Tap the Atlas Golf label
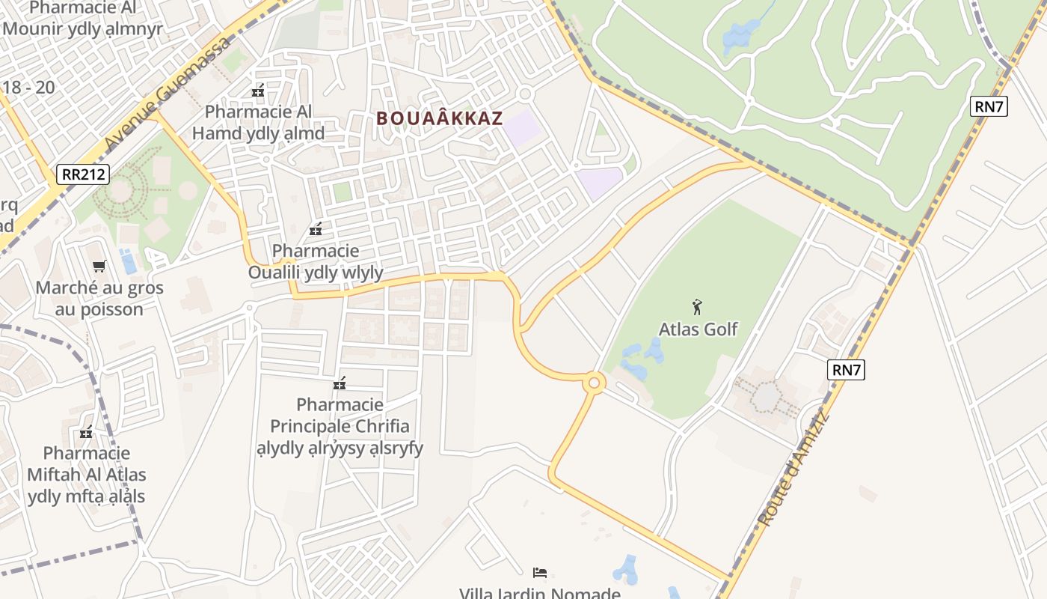[x=698, y=329]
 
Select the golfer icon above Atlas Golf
[x=698, y=306]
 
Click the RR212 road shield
[x=84, y=175]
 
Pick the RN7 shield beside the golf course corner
[x=989, y=106]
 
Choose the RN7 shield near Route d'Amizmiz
[x=847, y=369]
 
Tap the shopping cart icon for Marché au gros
[x=99, y=266]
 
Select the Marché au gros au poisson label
[x=99, y=298]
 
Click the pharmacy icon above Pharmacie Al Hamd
[x=258, y=91]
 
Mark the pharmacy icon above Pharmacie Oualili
[x=316, y=229]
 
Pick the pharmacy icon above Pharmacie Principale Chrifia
[x=340, y=383]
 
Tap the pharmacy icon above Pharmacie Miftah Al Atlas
[x=86, y=432]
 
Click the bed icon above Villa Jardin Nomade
[x=540, y=573]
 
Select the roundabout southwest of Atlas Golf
[x=595, y=383]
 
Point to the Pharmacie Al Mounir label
[x=82, y=18]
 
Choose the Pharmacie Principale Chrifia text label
[x=340, y=426]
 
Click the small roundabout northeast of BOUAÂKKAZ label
[x=524, y=94]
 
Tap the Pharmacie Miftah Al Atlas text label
[x=87, y=474]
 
